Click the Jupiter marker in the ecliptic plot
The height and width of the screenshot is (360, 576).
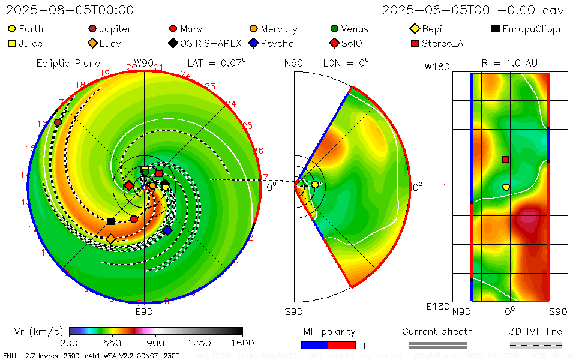coord(58,122)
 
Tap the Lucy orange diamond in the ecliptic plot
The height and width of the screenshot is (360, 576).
coord(110,239)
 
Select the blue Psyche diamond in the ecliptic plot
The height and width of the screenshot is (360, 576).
coord(167,230)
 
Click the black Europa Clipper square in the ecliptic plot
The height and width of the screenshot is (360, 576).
coord(110,221)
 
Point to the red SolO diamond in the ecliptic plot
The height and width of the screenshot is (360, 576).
coord(129,185)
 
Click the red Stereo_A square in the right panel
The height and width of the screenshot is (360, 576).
coord(505,160)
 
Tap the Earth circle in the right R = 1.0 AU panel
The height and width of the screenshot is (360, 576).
coord(506,187)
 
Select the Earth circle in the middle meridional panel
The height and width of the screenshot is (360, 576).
coord(315,185)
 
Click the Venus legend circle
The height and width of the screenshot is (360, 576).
coord(334,29)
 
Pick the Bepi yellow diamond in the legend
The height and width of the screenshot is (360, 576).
coord(415,29)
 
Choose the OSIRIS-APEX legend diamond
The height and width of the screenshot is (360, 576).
coord(173,43)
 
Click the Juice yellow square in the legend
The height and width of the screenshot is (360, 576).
coord(11,43)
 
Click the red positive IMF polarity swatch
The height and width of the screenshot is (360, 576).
coord(342,345)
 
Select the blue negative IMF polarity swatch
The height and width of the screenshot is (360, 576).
coord(314,345)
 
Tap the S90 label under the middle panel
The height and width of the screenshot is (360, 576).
coord(293,312)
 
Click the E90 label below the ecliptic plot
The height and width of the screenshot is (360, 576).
coord(144,312)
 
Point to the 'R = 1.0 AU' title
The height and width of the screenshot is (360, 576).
coord(509,63)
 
